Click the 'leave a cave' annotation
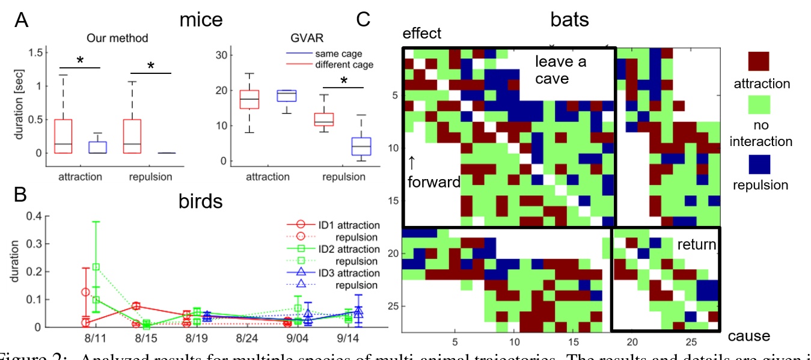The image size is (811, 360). (x=560, y=70)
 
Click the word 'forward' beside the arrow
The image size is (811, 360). (x=433, y=182)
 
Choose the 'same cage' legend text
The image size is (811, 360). (x=350, y=54)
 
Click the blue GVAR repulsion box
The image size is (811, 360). (x=344, y=146)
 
